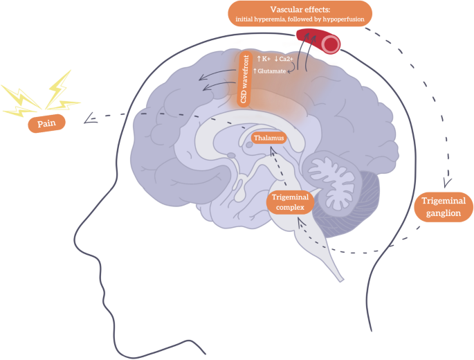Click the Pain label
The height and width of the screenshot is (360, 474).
pos(46,125)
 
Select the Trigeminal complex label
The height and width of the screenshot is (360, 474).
pos(291,201)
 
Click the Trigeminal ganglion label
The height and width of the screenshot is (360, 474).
pos(444,207)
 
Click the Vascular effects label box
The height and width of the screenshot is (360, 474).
pos(300,13)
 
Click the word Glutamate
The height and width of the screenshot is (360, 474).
pos(274,71)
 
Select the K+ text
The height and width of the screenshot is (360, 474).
pos(265,60)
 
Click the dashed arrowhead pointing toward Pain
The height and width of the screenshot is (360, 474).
pos(89,120)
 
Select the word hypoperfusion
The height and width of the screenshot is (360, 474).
pos(339,18)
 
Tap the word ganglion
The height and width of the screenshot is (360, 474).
pos(444,213)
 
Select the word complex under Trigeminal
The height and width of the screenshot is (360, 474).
pos(291,207)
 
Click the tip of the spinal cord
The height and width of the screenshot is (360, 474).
pos(340,279)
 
